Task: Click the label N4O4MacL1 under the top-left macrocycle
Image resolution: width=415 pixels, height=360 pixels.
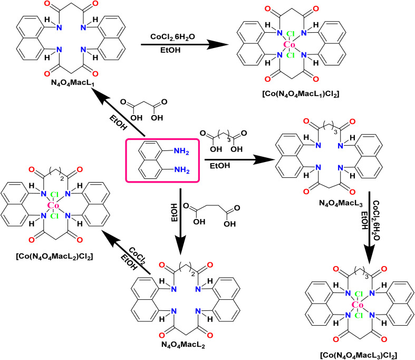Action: coord(73,83)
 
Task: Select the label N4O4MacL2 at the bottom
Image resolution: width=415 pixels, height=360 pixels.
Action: coord(183,345)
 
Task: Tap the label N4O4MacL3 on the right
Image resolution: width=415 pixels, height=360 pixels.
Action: coord(341,203)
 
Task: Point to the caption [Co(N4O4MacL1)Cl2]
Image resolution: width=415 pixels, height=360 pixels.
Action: coord(301,94)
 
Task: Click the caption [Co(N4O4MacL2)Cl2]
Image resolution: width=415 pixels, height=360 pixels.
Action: coord(54,257)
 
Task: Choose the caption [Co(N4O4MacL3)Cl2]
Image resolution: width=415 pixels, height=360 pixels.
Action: coord(359,355)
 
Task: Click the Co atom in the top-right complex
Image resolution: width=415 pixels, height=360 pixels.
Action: coord(289,44)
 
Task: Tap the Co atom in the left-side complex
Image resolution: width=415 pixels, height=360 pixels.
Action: coord(53,205)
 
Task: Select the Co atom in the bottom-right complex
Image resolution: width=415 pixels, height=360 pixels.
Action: coord(358,305)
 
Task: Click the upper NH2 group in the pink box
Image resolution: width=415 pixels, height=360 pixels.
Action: coord(181,151)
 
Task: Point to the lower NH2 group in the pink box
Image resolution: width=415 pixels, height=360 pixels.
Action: coord(182,170)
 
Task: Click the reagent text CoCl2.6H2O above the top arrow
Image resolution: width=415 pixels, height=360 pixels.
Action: coord(172,37)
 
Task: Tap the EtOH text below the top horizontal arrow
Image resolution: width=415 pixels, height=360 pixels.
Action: coord(170,50)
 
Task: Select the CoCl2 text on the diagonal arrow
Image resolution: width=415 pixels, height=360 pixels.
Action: coord(138,256)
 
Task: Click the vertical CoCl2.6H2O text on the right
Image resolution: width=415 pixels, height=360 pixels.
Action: coord(376,220)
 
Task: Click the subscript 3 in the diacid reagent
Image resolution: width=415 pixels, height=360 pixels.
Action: coord(229,139)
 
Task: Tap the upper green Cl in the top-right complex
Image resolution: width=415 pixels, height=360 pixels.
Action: coord(291,34)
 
